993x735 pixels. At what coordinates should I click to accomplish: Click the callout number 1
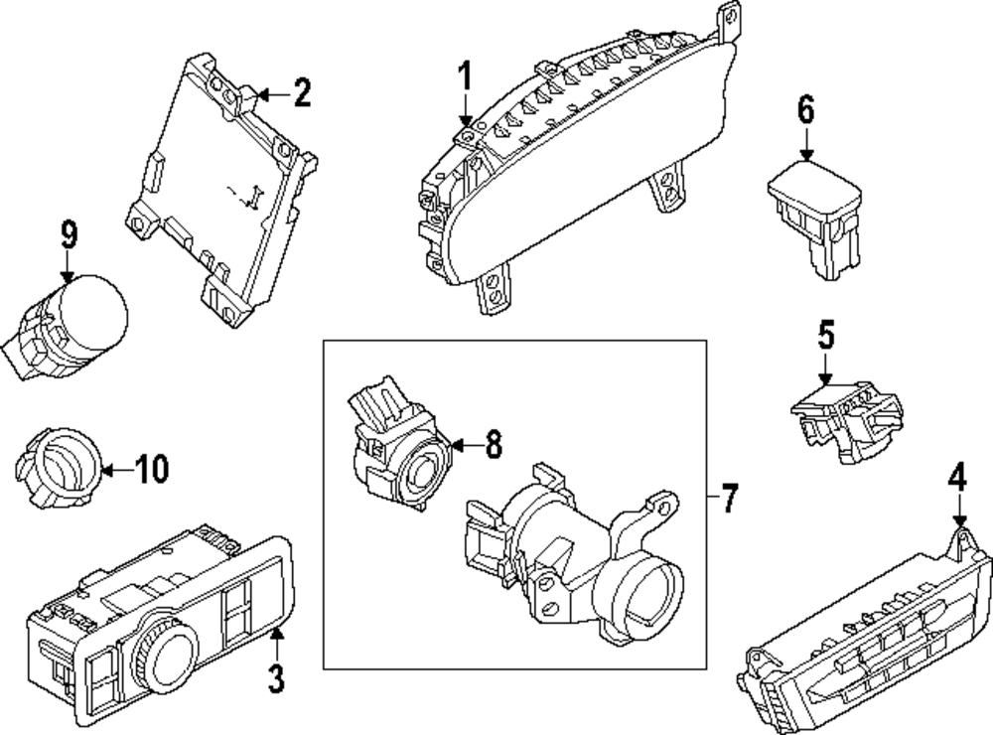pos(466,76)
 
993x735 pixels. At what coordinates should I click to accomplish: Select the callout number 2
pos(302,94)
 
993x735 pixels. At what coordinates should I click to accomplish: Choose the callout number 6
pos(805,110)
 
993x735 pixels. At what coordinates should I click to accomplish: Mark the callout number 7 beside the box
pos(730,498)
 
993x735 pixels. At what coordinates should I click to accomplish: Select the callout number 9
pos(68,235)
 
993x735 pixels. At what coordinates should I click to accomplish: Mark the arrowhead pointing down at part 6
pos(805,155)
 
